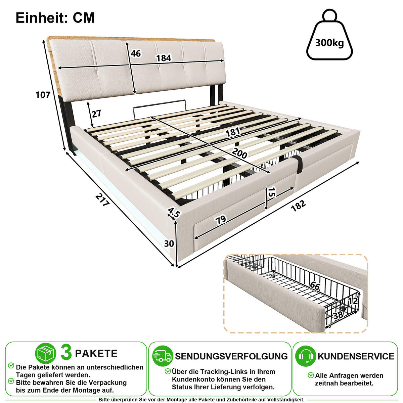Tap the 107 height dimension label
click(43, 95)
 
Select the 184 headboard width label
click(164, 58)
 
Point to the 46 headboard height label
click(136, 53)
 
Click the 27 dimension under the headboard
click(96, 114)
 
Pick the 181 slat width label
click(233, 132)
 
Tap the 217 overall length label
click(102, 199)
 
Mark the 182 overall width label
click(298, 206)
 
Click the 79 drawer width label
click(221, 220)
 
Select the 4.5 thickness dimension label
click(174, 213)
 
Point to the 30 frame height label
click(169, 243)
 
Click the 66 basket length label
click(315, 286)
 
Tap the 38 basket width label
click(338, 315)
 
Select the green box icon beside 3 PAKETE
click(46, 353)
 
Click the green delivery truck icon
click(163, 356)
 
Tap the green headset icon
click(306, 356)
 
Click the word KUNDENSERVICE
click(356, 356)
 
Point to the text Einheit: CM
click(55, 18)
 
